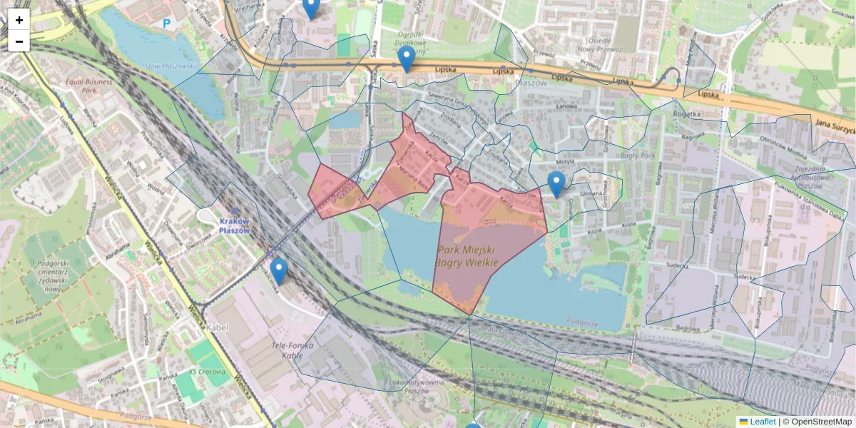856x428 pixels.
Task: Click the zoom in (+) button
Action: [19, 20]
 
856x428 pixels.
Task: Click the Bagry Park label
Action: [633, 155]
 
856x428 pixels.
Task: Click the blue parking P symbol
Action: [167, 24]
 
